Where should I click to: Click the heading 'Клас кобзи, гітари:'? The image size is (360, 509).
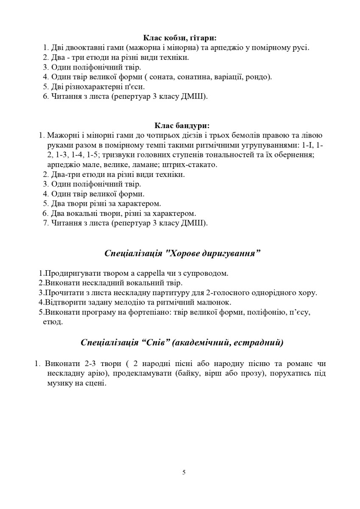tap(180, 38)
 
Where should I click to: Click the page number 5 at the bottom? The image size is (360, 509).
tap(184, 473)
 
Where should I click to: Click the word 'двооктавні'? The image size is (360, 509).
tap(83, 48)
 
